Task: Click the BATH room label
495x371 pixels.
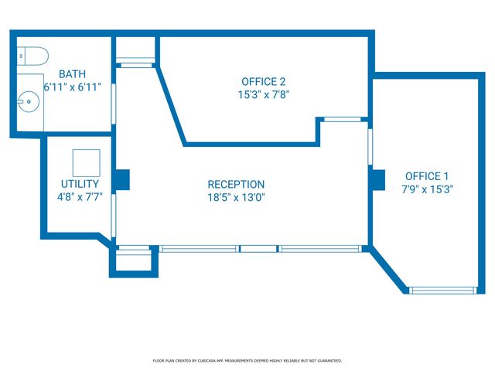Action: pyautogui.click(x=72, y=74)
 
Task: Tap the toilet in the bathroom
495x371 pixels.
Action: pyautogui.click(x=32, y=56)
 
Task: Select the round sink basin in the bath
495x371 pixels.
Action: pyautogui.click(x=29, y=101)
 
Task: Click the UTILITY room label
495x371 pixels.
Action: pyautogui.click(x=80, y=184)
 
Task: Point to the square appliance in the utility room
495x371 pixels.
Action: pyautogui.click(x=87, y=163)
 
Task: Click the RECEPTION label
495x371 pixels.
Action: pyautogui.click(x=236, y=184)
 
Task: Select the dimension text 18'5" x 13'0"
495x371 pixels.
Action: pyautogui.click(x=236, y=198)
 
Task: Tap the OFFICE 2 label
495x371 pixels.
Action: pyautogui.click(x=264, y=82)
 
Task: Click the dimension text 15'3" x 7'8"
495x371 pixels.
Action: pyautogui.click(x=264, y=94)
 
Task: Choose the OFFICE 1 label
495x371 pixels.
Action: pyautogui.click(x=427, y=176)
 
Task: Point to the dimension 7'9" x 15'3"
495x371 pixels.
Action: pyautogui.click(x=427, y=189)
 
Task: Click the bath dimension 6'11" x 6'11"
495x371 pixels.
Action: pyautogui.click(x=72, y=87)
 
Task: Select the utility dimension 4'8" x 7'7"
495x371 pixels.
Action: pyautogui.click(x=80, y=197)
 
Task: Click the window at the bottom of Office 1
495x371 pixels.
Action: pyautogui.click(x=443, y=291)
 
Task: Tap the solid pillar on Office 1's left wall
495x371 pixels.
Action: pyautogui.click(x=378, y=180)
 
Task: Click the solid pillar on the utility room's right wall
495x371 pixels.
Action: pyautogui.click(x=122, y=180)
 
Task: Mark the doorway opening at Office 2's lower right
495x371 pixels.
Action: pyautogui.click(x=343, y=119)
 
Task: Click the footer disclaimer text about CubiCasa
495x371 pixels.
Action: pyautogui.click(x=247, y=361)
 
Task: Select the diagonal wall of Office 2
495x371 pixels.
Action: pyautogui.click(x=170, y=106)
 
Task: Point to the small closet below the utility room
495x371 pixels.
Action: pyautogui.click(x=134, y=261)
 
